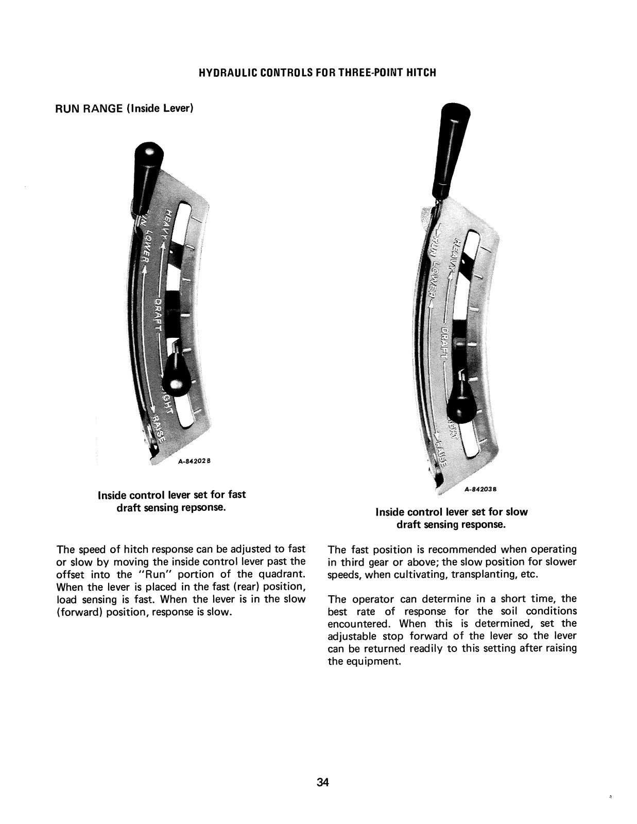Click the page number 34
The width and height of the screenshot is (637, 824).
pos(323,783)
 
